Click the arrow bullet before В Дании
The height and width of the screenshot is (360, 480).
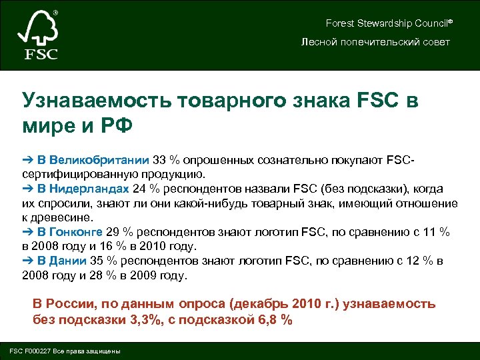tap(27, 261)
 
